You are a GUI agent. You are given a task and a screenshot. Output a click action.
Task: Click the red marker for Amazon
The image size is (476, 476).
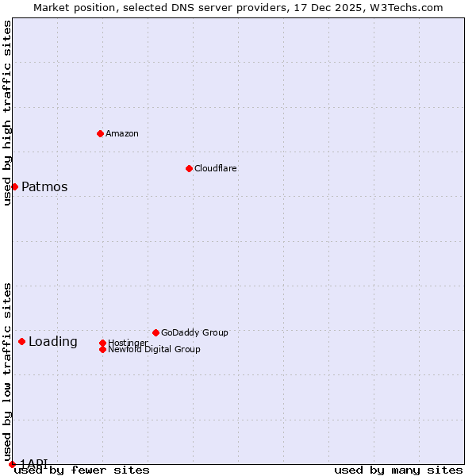[x=100, y=133]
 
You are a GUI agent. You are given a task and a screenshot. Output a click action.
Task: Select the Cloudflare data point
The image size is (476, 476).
[x=189, y=168]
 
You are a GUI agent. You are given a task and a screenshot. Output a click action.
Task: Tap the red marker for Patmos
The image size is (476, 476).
[x=14, y=186]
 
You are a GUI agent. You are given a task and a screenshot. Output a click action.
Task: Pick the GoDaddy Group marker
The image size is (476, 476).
[x=155, y=332]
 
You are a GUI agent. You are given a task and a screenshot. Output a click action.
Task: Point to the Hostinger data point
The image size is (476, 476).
[x=102, y=343]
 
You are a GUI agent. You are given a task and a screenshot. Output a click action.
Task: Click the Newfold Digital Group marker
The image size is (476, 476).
[x=102, y=349]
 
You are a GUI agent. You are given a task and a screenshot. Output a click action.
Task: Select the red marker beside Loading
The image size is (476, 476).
[x=21, y=341]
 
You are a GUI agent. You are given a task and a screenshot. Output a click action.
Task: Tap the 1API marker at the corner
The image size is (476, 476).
[x=12, y=464]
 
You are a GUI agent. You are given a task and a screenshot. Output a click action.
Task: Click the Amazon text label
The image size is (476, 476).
[x=122, y=133]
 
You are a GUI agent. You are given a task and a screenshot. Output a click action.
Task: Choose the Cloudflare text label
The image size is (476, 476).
[x=216, y=168]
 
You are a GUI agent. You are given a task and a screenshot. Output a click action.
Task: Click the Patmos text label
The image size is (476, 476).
[x=44, y=187]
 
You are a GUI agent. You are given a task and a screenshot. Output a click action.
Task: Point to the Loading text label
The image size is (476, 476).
[x=53, y=342]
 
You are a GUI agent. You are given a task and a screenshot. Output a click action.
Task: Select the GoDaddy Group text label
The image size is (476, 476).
[x=194, y=332]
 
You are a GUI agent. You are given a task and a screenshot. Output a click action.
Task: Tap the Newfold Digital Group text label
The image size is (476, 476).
[x=154, y=350]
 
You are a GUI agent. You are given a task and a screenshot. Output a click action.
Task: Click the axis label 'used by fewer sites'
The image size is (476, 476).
[x=82, y=470]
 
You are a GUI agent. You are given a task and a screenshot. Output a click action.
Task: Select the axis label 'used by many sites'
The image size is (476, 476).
[x=398, y=470]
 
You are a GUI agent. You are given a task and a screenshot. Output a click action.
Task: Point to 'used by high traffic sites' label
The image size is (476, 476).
[x=7, y=113]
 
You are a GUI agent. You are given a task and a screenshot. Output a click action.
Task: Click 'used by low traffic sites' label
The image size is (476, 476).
[x=7, y=372]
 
